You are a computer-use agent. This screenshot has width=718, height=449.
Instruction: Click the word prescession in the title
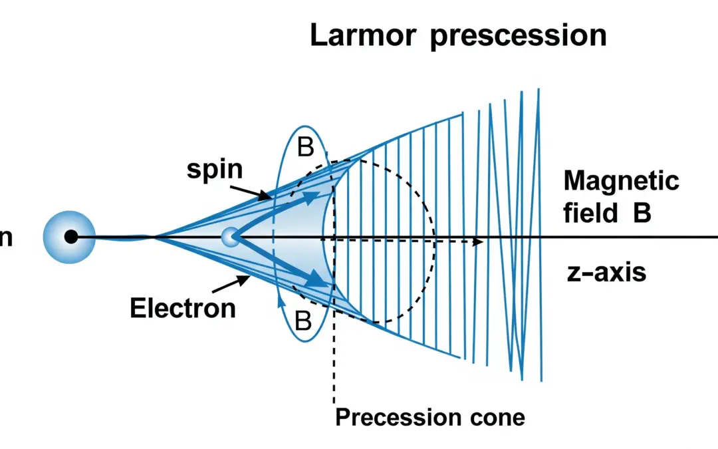pyautogui.click(x=518, y=37)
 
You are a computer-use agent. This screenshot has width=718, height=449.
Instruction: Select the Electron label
pyautogui.click(x=182, y=308)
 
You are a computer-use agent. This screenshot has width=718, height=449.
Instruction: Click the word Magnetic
pyautogui.click(x=621, y=181)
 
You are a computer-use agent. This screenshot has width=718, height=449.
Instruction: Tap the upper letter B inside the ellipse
pyautogui.click(x=305, y=148)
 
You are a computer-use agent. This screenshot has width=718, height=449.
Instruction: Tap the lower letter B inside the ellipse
pyautogui.click(x=303, y=322)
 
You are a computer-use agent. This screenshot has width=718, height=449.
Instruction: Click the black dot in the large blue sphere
pyautogui.click(x=70, y=236)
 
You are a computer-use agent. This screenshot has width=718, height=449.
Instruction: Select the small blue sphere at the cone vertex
pyautogui.click(x=230, y=236)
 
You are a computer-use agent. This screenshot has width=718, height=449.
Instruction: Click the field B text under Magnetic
pyautogui.click(x=606, y=214)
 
